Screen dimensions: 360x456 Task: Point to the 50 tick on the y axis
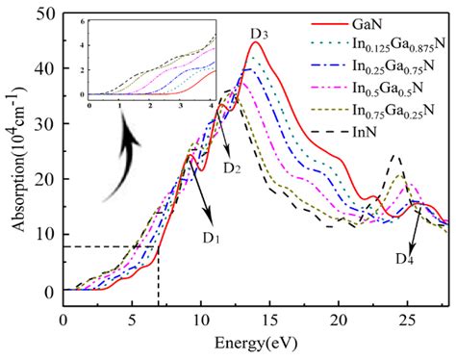[x=43, y=13]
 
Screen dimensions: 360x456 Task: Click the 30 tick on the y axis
[x=43, y=124]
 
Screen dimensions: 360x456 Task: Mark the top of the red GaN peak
[x=255, y=42]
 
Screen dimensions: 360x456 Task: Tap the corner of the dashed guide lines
[x=158, y=246]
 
